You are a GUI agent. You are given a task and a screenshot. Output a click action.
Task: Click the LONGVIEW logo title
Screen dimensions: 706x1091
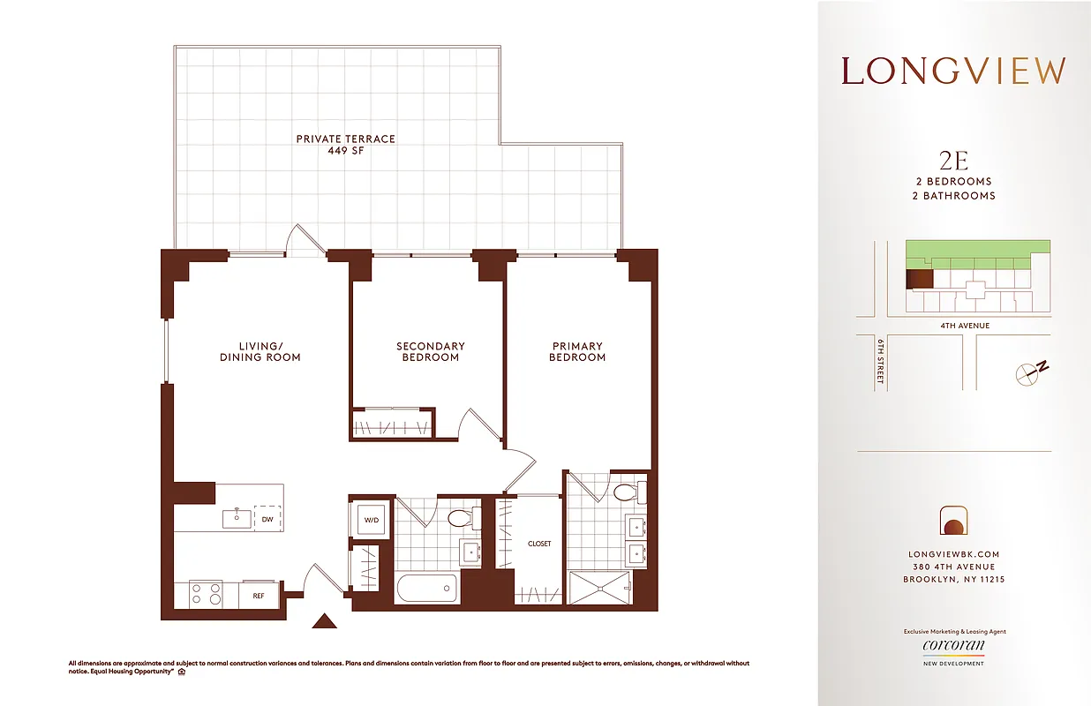tap(953, 71)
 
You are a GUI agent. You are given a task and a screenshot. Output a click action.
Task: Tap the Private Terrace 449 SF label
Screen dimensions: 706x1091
tap(345, 145)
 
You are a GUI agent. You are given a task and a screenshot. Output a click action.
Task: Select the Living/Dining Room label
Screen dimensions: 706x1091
tap(260, 351)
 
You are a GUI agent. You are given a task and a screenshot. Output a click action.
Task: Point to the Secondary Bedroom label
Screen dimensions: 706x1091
tap(430, 351)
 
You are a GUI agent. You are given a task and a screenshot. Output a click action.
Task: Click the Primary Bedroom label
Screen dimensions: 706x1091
tap(577, 351)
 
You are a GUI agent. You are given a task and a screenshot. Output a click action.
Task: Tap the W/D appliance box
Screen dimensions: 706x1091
tap(371, 520)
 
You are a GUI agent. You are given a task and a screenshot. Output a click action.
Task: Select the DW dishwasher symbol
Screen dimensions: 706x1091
tap(267, 519)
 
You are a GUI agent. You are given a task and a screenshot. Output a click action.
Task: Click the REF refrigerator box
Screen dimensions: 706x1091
tap(259, 596)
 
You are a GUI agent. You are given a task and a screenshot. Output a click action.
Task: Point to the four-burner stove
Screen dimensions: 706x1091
tap(207, 594)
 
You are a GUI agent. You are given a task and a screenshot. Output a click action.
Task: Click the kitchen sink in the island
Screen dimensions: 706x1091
tap(236, 518)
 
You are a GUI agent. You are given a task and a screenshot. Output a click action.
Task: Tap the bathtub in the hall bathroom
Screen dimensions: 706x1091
tap(427, 588)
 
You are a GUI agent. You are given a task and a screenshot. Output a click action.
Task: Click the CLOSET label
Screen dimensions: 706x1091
tap(539, 544)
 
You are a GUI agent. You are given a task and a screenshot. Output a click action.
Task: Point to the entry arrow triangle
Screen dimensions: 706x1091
tap(325, 621)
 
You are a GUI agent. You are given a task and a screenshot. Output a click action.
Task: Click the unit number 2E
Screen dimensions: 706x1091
tap(954, 161)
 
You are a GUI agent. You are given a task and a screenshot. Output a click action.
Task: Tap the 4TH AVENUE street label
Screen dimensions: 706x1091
tap(965, 326)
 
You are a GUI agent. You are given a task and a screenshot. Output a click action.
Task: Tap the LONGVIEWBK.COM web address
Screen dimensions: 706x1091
tap(953, 554)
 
